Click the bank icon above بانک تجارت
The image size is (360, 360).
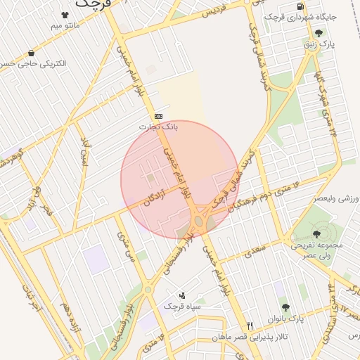[158, 117]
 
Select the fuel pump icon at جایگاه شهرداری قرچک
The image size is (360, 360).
[301, 6]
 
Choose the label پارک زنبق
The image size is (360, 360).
[319, 44]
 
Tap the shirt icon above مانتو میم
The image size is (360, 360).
[65, 15]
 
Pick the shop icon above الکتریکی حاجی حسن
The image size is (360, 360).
[32, 53]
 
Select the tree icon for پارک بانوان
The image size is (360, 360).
[285, 307]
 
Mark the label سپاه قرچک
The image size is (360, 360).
[183, 307]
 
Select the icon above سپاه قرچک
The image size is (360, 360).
[182, 295]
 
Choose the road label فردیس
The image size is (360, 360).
[216, 12]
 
